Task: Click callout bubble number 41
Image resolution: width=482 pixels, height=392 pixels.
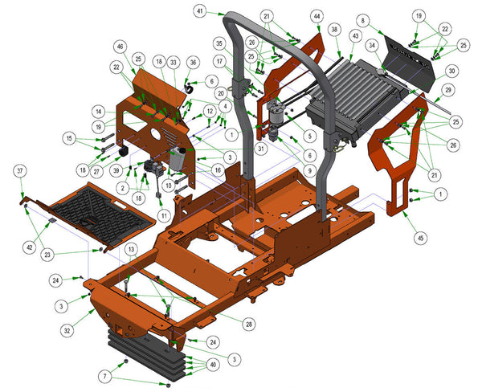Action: [199, 11]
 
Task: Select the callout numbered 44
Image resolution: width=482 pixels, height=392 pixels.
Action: [317, 16]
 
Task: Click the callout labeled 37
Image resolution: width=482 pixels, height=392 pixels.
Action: [20, 170]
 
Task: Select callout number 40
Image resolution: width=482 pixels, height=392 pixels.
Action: [212, 364]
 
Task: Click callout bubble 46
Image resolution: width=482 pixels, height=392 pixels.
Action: [120, 47]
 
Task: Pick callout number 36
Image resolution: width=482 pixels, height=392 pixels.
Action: [192, 62]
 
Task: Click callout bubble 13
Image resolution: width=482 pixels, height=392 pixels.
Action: [131, 251]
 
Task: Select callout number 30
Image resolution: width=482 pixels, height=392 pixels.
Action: [451, 70]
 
